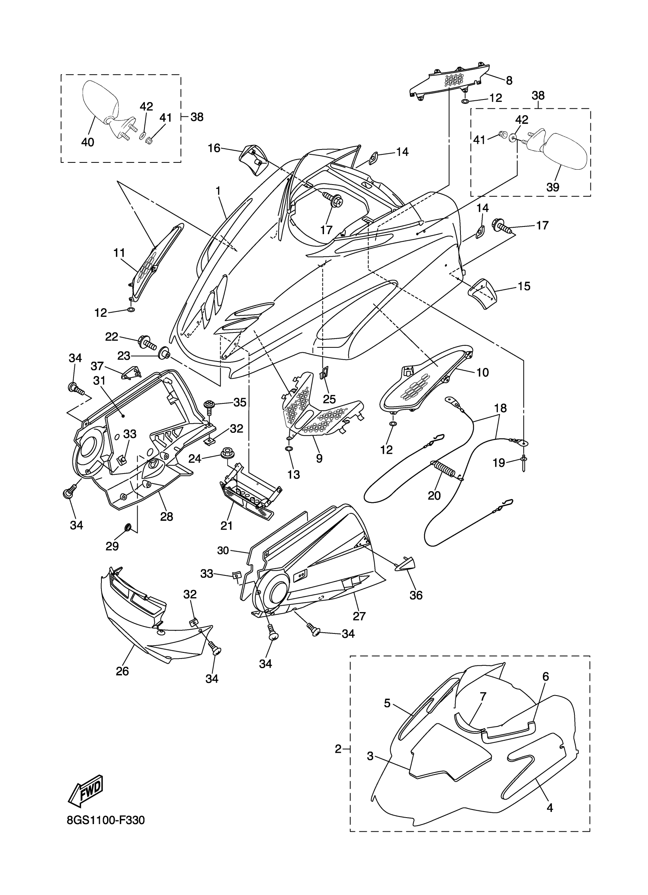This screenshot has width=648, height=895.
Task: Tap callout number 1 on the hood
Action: (218, 191)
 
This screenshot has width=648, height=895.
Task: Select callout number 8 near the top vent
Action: (509, 80)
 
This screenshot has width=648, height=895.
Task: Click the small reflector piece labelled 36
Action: (406, 564)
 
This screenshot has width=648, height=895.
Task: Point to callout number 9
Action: (319, 458)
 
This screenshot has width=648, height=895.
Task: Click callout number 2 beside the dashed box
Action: (338, 749)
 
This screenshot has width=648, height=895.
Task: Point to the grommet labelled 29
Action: (128, 528)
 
